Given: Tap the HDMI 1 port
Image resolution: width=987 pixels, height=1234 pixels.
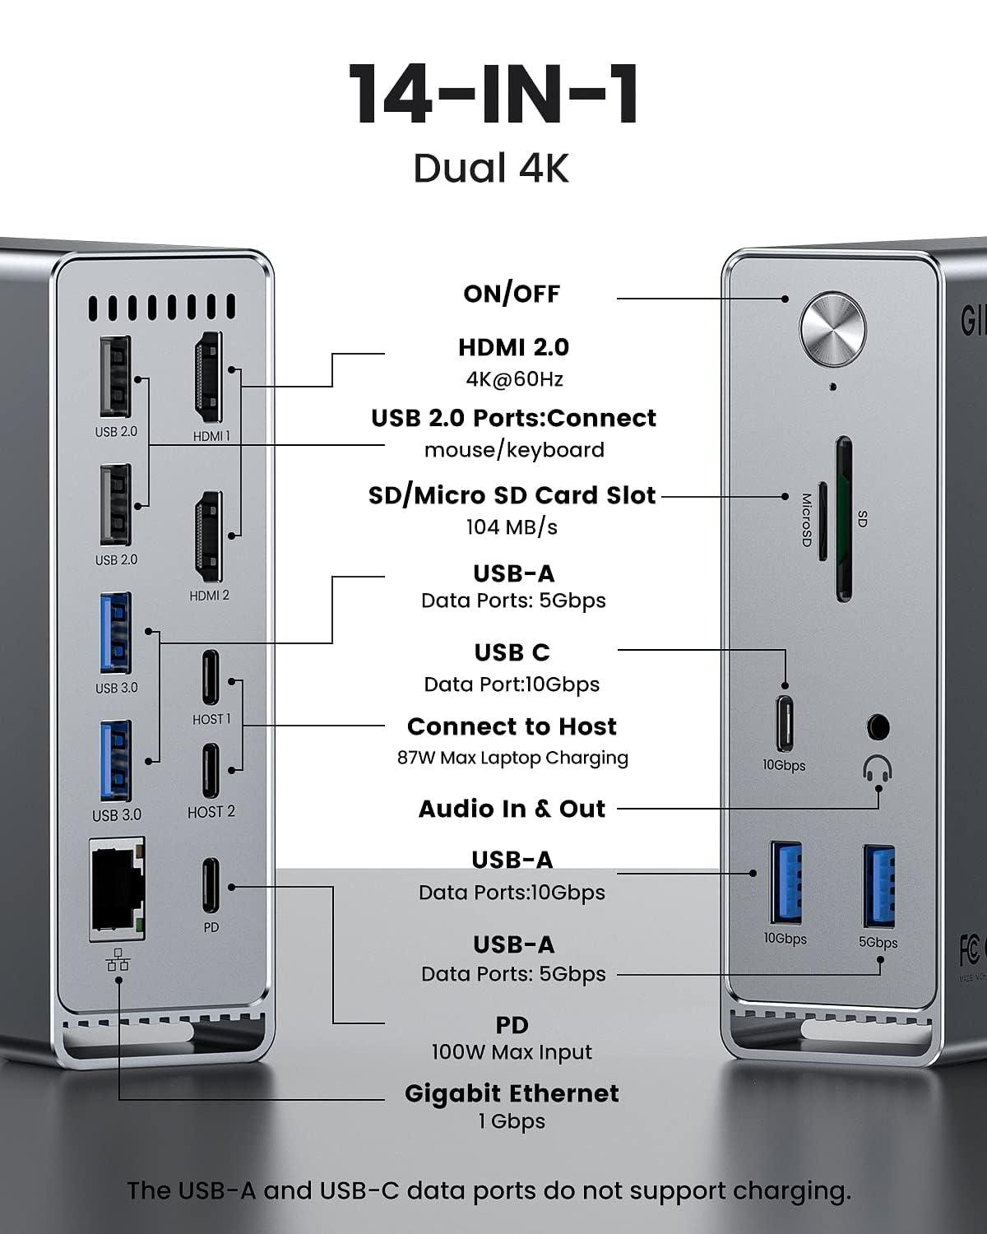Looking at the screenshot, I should (209, 378).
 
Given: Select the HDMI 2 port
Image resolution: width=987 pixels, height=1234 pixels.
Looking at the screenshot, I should (209, 537).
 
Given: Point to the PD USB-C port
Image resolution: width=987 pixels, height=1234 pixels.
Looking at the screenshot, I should (211, 886).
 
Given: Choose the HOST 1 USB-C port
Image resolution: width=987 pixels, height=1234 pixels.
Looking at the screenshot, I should (211, 679).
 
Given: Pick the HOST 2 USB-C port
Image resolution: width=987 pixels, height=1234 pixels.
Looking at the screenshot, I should (211, 771).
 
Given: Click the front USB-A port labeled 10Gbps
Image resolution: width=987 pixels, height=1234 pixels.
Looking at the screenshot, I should (784, 883).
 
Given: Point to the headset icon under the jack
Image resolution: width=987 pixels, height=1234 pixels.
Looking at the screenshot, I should (878, 770).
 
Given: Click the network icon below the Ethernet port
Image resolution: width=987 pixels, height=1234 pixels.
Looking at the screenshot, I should (118, 958).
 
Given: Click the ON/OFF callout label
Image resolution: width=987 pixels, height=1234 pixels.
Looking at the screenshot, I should (512, 294).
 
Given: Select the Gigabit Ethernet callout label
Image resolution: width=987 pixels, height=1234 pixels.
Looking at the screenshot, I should (512, 1093).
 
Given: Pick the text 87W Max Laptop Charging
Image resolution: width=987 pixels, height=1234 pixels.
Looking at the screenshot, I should (512, 758).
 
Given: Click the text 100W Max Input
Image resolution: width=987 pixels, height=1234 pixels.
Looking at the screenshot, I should (512, 1052).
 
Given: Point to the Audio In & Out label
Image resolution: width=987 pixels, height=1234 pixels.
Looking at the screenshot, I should (512, 809).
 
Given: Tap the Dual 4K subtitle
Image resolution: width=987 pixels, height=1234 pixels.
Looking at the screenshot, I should (491, 168).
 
